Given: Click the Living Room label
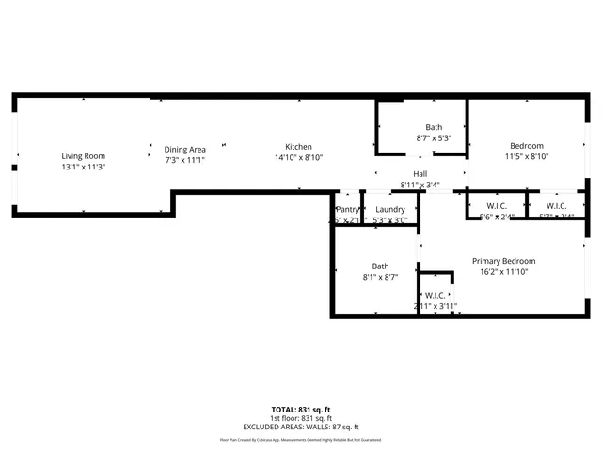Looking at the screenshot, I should [84, 156].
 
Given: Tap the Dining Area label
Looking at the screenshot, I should [184, 149].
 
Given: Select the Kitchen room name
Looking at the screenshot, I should [299, 147].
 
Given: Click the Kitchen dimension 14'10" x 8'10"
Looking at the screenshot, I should [299, 158].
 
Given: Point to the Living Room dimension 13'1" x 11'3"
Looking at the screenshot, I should [84, 167].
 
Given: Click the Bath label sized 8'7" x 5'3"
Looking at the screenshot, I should [434, 127].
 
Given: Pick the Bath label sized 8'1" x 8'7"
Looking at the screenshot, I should [380, 266].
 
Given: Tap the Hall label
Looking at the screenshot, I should [420, 174].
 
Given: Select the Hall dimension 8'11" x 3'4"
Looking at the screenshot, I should [420, 185].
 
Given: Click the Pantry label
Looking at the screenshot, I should [347, 210].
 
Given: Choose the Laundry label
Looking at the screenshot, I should [389, 210].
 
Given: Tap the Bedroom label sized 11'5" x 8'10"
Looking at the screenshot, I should [527, 146].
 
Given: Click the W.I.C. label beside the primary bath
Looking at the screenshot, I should [435, 295].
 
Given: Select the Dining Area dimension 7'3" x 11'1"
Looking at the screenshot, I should [184, 160].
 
